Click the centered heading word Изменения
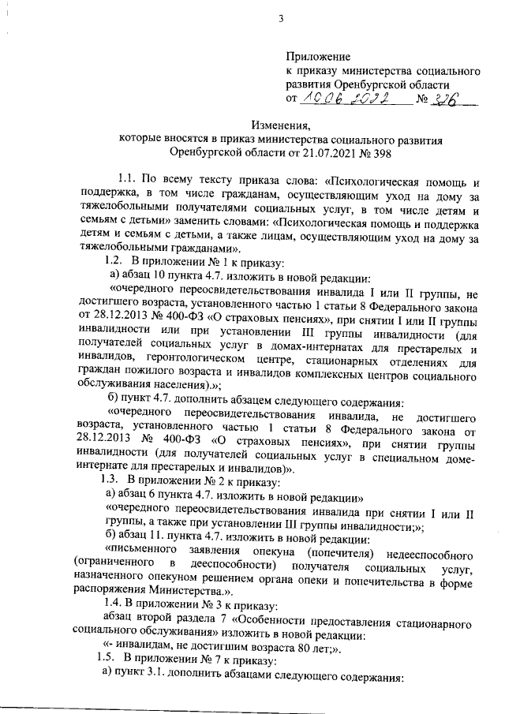point(280,125)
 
